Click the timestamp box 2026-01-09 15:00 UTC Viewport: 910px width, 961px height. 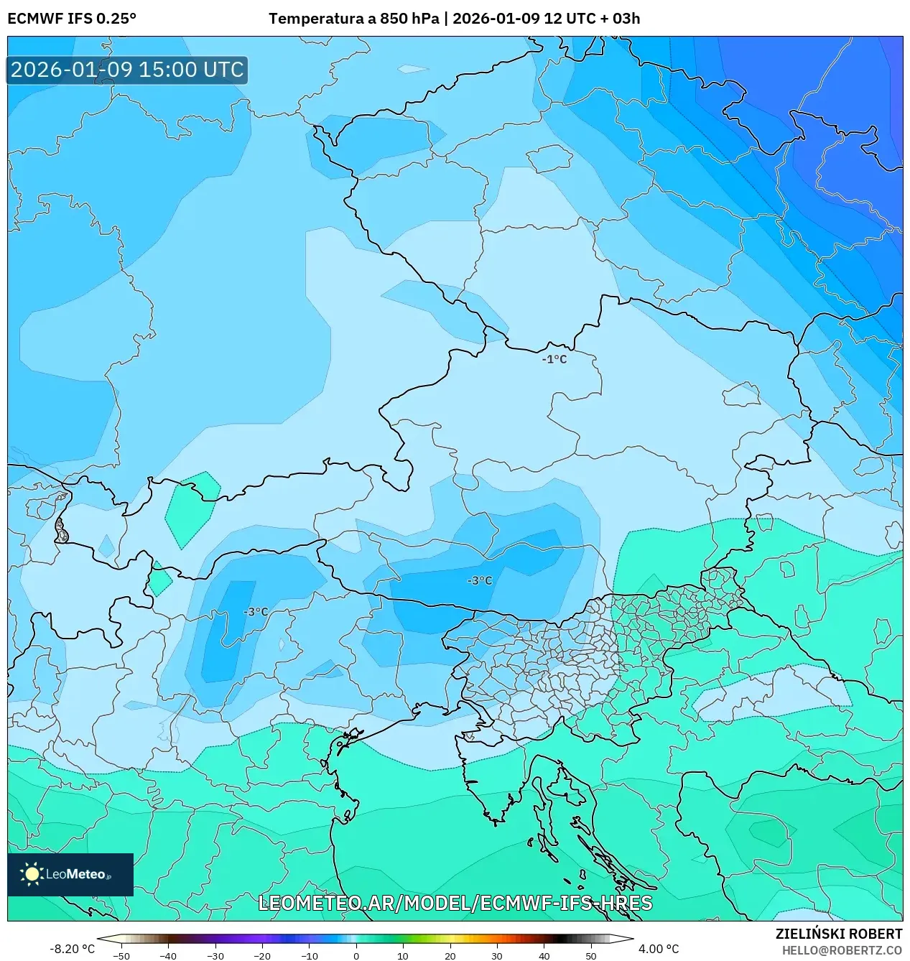pos(127,70)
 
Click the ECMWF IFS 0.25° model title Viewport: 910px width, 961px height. pos(72,19)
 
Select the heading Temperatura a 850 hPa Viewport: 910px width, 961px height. pos(353,19)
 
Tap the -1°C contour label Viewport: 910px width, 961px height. pos(554,359)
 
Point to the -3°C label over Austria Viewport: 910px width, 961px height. pos(480,580)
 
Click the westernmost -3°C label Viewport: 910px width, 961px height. pos(256,612)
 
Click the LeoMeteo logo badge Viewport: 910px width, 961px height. pos(70,874)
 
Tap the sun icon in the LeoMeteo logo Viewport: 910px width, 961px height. pos(32,874)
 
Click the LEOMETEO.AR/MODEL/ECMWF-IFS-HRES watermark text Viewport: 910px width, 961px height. pos(455,903)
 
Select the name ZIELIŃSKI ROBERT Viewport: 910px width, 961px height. pos(838,934)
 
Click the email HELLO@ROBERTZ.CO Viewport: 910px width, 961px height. pos(842,950)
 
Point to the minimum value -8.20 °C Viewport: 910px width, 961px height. pos(72,949)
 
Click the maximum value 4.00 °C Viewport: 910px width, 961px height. pos(658,949)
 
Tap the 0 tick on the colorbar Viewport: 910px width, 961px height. pos(356,955)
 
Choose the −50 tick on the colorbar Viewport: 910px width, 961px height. pos(121,955)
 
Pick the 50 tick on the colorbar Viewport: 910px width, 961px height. pos(590,955)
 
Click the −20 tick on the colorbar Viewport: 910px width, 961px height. pos(262,955)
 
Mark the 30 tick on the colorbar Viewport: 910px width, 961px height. pos(497,955)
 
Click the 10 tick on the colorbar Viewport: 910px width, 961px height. pos(403,955)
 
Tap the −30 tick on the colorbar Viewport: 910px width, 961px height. pos(215,955)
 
